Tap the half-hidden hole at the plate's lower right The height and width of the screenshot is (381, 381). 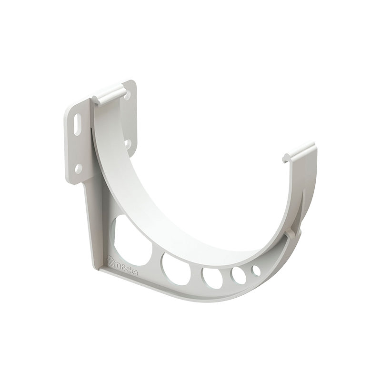[127, 142]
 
